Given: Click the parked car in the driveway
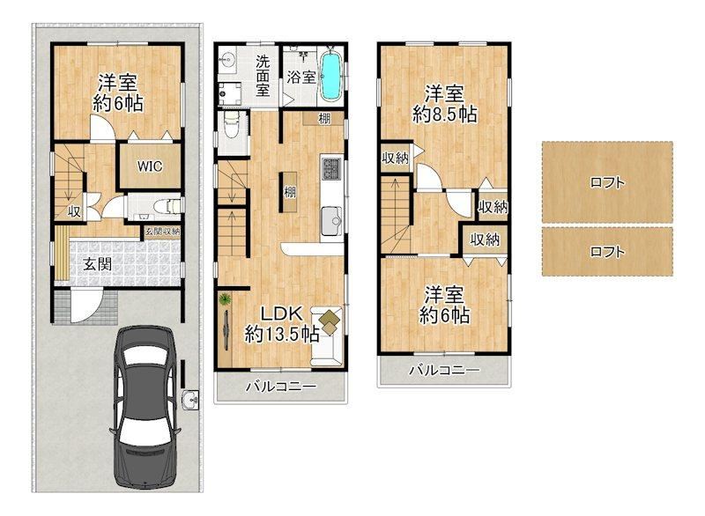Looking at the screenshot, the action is pyautogui.click(x=145, y=408).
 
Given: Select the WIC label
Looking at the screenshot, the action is pyautogui.click(x=150, y=166).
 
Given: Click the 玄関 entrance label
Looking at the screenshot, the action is pyautogui.click(x=97, y=264).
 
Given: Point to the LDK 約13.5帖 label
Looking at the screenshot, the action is pyautogui.click(x=282, y=324).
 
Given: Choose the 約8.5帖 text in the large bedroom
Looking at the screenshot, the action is pyautogui.click(x=445, y=114).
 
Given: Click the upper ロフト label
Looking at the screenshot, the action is pyautogui.click(x=607, y=183).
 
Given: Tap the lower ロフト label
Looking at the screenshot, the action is pyautogui.click(x=607, y=252).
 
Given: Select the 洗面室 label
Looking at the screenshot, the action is pyautogui.click(x=263, y=76).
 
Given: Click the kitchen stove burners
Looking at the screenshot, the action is pyautogui.click(x=332, y=167).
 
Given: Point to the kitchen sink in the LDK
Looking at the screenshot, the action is pyautogui.click(x=332, y=220).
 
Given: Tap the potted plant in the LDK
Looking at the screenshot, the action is pyautogui.click(x=224, y=299).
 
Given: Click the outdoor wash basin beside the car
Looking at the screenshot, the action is pyautogui.click(x=190, y=399).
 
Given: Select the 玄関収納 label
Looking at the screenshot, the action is pyautogui.click(x=162, y=232).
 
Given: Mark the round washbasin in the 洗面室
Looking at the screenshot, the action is pyautogui.click(x=230, y=60).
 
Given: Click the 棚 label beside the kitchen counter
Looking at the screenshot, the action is pyautogui.click(x=290, y=192).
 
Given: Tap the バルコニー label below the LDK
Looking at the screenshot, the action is pyautogui.click(x=281, y=387).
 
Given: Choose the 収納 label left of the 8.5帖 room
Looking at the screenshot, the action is pyautogui.click(x=395, y=158).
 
